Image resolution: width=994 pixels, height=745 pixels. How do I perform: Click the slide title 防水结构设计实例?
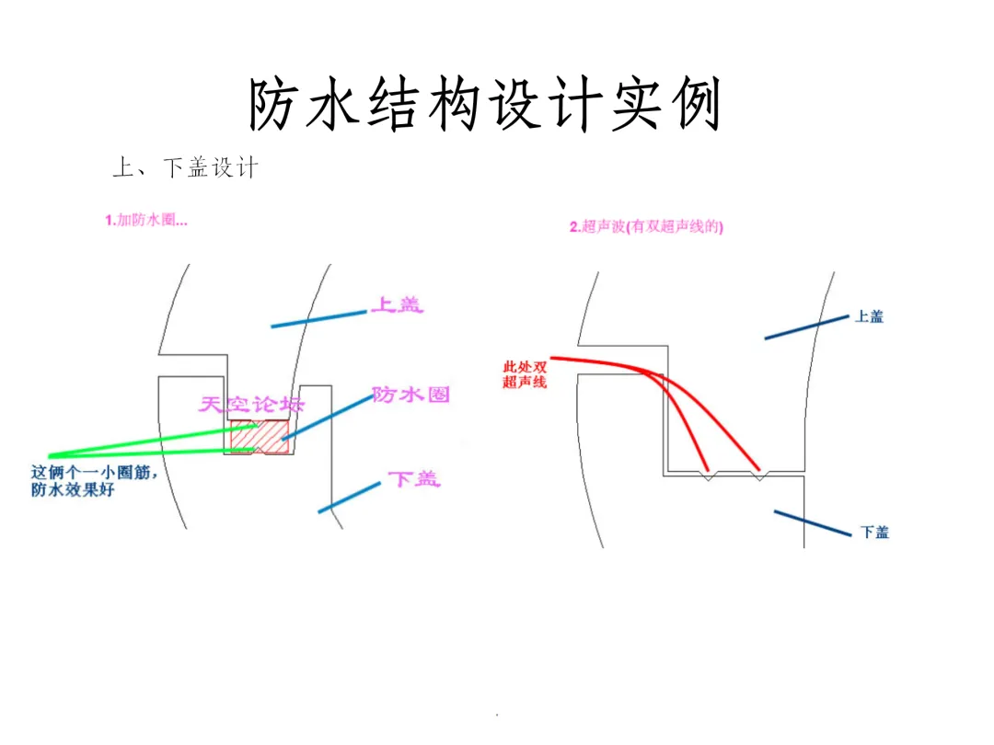485,103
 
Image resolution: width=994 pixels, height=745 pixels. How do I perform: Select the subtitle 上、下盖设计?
184,167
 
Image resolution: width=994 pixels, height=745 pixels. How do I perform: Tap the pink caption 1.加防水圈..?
146,220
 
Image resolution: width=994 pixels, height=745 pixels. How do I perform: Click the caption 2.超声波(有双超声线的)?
646,227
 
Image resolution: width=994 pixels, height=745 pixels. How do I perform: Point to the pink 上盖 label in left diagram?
397,304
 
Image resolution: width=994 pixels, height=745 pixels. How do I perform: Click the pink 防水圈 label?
410,395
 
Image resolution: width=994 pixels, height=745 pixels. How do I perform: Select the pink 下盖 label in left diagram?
413,478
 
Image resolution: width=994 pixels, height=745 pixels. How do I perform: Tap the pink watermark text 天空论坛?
251,405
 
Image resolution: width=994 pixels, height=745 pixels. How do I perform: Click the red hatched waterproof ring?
260,437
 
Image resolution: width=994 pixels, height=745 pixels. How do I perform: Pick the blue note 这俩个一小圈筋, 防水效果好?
96,481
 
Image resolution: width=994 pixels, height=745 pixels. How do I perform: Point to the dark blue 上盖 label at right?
869,316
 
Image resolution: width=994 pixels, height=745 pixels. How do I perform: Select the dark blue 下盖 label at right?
874,533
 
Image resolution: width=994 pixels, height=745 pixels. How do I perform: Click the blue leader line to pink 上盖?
318,318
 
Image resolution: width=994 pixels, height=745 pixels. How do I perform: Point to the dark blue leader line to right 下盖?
813,522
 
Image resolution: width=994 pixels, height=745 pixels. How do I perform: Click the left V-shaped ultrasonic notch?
708,476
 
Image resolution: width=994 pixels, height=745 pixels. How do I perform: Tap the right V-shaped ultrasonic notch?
760,476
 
